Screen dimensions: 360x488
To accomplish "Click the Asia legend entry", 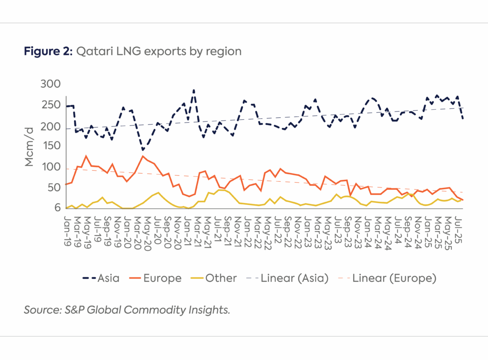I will pos(102,278).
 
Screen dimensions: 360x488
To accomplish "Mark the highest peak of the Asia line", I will pos(193,90).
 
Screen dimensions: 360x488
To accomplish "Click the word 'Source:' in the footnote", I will pos(40,310).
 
